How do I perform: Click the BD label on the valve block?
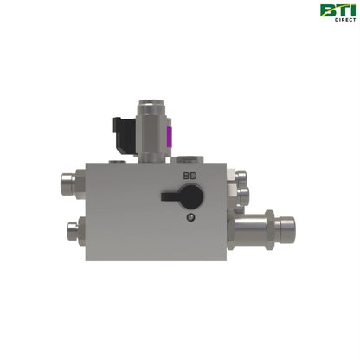tap(189, 176)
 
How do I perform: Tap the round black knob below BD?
tap(193, 197)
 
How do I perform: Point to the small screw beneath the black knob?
tap(190, 217)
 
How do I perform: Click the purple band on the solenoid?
tap(170, 137)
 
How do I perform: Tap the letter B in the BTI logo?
tap(327, 10)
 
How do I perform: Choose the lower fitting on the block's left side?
tap(73, 230)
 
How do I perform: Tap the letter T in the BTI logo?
tap(339, 10)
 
